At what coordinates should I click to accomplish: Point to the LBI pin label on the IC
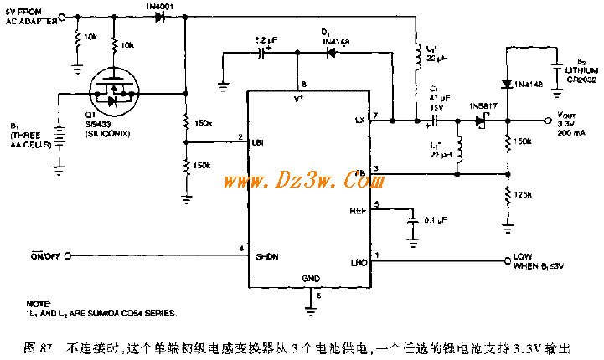point(258,142)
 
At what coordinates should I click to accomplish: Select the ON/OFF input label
point(44,255)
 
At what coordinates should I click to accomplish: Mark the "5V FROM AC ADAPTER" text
point(32,17)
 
